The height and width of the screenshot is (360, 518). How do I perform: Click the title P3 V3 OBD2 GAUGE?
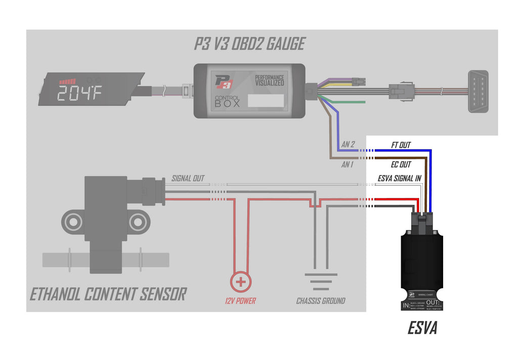pyautogui.click(x=249, y=44)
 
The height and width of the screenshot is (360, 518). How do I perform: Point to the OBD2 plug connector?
pyautogui.click(x=478, y=91)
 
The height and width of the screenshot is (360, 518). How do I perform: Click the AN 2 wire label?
pyautogui.click(x=348, y=145)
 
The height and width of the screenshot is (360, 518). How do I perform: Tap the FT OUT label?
pyautogui.click(x=401, y=145)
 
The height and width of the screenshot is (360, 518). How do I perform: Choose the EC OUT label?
pyautogui.click(x=401, y=164)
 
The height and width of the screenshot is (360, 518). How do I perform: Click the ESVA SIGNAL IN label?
pyautogui.click(x=400, y=179)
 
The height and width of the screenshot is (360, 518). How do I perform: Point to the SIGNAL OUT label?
pyautogui.click(x=188, y=179)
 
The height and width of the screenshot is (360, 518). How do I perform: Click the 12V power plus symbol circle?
pyautogui.click(x=241, y=282)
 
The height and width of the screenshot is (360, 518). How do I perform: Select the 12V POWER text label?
pyautogui.click(x=240, y=301)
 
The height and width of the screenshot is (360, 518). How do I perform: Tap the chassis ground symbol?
pyautogui.click(x=321, y=279)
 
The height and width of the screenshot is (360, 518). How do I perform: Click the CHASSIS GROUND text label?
pyautogui.click(x=321, y=301)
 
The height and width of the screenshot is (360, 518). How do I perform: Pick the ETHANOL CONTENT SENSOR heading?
pyautogui.click(x=108, y=294)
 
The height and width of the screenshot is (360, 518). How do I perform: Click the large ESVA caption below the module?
pyautogui.click(x=422, y=329)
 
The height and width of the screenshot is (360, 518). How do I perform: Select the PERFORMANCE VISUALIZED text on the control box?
pyautogui.click(x=269, y=80)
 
